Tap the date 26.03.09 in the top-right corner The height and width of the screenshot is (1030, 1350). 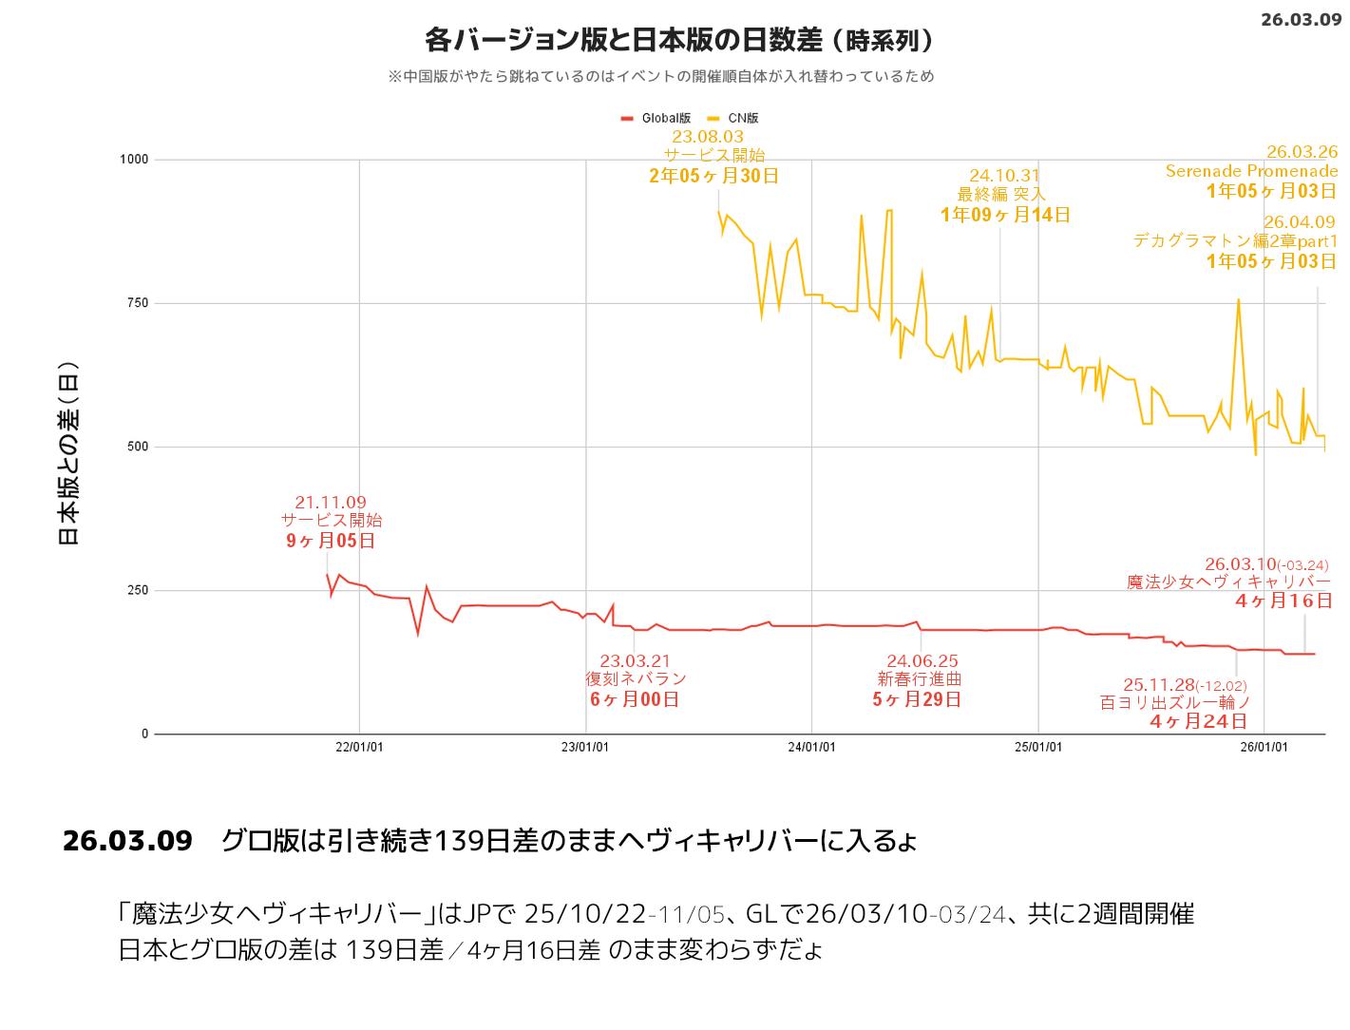pos(1301,19)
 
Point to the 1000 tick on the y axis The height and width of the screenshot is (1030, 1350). pos(134,160)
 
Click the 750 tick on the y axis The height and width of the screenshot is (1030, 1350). pos(138,303)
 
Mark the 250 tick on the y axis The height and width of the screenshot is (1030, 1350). pos(138,590)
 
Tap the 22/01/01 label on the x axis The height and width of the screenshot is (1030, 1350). pos(359,748)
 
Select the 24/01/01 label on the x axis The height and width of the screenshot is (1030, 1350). pos(812,748)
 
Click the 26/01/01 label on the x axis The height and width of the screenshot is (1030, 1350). pos(1264,748)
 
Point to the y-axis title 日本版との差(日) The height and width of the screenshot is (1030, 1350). pos(68,453)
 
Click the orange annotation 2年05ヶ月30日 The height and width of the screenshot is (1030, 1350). pos(713,176)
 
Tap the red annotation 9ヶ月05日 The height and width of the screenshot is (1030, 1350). pos(331,541)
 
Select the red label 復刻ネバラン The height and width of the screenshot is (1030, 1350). pos(636,679)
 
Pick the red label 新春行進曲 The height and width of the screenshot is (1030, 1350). pos(919,679)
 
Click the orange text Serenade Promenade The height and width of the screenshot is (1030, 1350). pos(1251,171)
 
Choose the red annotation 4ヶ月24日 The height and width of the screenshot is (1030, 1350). pos(1198,721)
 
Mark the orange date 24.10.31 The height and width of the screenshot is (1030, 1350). pos(1004,176)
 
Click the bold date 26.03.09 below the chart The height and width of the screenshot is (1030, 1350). pos(127,841)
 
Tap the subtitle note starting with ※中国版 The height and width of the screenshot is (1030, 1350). pos(660,76)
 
